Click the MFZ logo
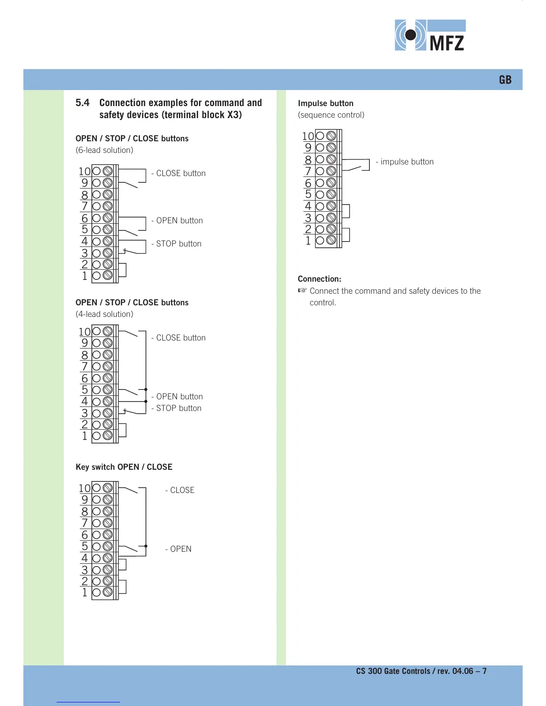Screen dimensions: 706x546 [x=430, y=35]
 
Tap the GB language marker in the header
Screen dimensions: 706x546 [x=505, y=80]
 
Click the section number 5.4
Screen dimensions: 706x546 [x=83, y=103]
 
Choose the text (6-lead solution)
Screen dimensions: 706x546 [x=104, y=150]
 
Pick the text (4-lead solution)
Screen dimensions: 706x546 [x=104, y=314]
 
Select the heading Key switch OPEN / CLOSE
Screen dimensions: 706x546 [x=124, y=467]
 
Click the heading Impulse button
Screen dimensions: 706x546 [x=326, y=103]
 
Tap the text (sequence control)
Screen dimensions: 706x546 [x=331, y=115]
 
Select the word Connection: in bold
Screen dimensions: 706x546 [x=319, y=279]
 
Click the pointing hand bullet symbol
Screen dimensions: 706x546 [x=302, y=291]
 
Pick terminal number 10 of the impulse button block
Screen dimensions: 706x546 [x=308, y=136]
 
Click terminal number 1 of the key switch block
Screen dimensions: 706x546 [x=85, y=592]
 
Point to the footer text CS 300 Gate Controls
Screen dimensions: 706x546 [x=393, y=671]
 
